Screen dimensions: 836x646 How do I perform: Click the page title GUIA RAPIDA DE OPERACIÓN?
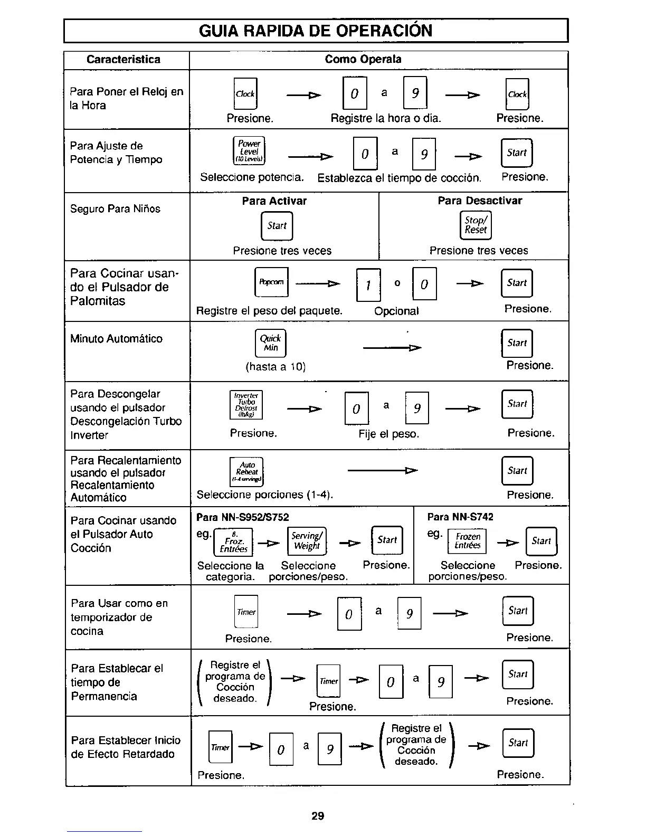[316, 31]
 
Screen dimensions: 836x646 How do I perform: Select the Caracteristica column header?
[123, 60]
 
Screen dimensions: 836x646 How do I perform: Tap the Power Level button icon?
[249, 151]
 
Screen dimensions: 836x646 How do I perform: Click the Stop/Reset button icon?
[476, 225]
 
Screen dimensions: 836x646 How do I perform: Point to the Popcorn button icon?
[271, 282]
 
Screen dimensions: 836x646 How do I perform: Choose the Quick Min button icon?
[270, 343]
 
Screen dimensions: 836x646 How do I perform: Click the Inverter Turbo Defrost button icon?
[246, 405]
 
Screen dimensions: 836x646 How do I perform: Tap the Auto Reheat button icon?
[246, 471]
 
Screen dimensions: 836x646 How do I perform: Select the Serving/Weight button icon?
[307, 541]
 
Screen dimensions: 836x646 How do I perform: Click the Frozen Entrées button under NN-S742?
[467, 541]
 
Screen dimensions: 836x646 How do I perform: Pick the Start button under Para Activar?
[277, 226]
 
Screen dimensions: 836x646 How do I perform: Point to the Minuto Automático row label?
[116, 339]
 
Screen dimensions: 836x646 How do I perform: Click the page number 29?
[318, 816]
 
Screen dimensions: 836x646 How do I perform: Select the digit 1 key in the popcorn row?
[368, 285]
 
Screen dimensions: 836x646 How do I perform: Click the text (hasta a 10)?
[275, 367]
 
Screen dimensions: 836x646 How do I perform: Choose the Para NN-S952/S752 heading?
[243, 517]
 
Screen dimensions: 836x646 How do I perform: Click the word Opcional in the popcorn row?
[396, 311]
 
